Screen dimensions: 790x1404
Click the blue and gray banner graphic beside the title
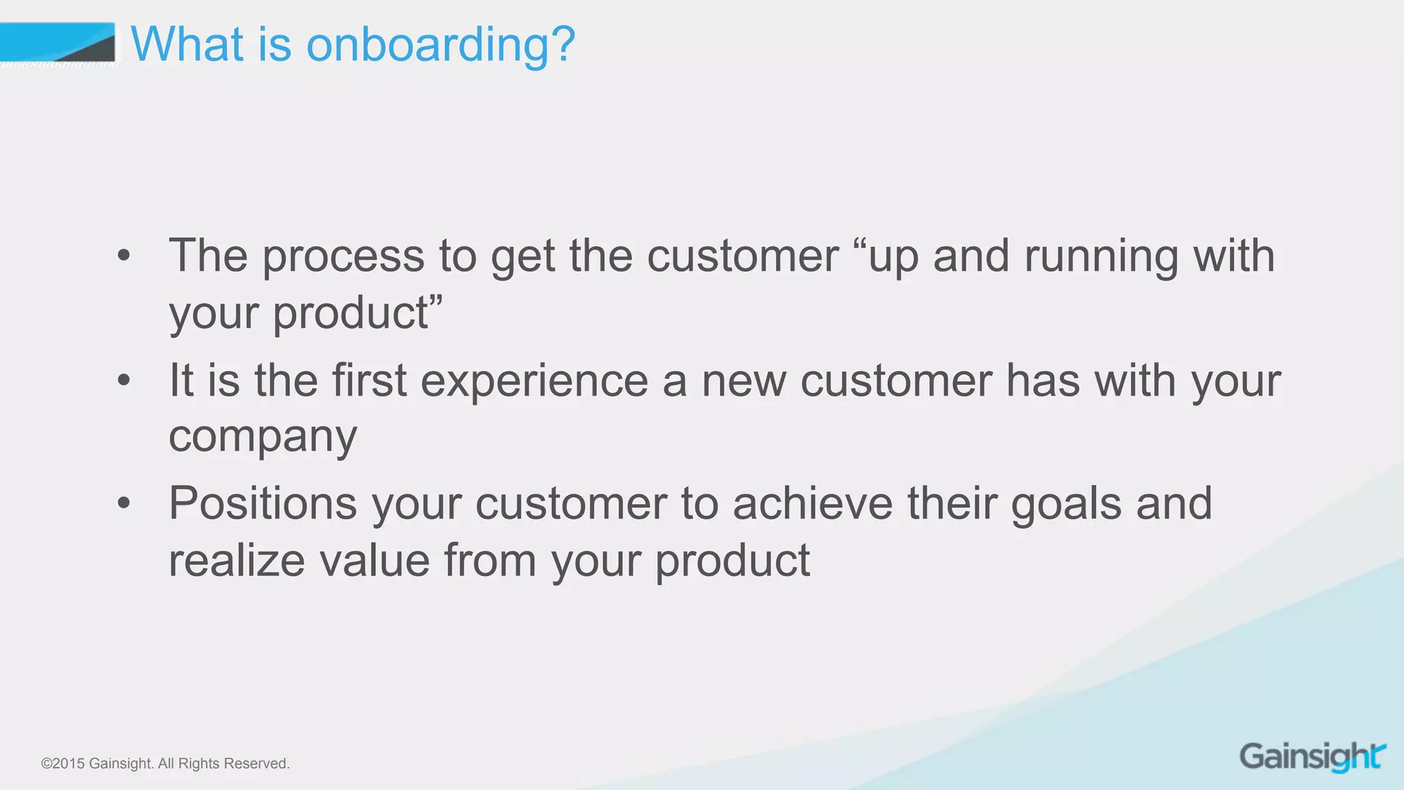point(58,43)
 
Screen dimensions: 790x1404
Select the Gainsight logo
point(1312,756)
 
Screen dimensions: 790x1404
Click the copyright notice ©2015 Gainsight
point(96,764)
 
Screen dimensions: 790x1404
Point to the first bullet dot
point(123,256)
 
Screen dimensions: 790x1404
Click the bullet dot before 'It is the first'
point(123,380)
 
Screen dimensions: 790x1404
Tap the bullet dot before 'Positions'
point(123,503)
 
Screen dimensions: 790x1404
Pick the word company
point(263,438)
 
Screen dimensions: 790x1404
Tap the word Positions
point(263,504)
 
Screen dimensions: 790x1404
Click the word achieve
point(812,504)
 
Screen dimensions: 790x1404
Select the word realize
point(237,561)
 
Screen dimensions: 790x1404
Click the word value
point(374,561)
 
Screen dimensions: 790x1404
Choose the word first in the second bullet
point(370,381)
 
